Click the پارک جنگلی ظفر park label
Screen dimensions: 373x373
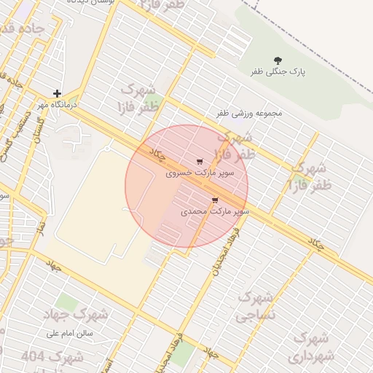click(x=278, y=72)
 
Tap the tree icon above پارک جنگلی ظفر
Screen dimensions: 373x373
click(x=278, y=60)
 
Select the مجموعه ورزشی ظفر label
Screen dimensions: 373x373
click(x=249, y=114)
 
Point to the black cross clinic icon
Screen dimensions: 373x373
click(x=57, y=94)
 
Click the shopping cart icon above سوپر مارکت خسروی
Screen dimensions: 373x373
click(x=200, y=162)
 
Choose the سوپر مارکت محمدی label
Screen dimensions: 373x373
click(x=215, y=211)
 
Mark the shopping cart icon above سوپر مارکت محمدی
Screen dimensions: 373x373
click(x=214, y=200)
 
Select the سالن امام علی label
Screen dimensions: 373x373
click(x=71, y=334)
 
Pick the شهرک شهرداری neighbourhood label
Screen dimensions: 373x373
click(x=311, y=348)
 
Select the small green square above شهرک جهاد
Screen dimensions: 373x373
click(x=67, y=301)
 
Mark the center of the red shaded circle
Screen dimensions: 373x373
click(x=186, y=186)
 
